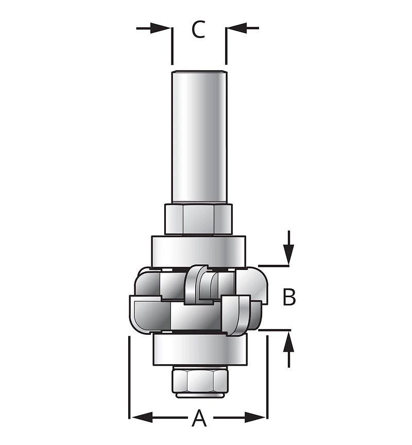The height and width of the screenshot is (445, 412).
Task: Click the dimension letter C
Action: click(x=198, y=29)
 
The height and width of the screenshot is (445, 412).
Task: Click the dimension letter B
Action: click(x=289, y=297)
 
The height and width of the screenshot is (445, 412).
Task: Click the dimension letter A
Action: click(x=199, y=418)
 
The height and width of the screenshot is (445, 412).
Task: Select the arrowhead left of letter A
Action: click(x=139, y=416)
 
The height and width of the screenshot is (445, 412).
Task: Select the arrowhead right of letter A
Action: click(x=256, y=416)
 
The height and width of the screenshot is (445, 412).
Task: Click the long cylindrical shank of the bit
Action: click(x=199, y=134)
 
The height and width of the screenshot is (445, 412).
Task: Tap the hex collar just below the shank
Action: click(x=199, y=218)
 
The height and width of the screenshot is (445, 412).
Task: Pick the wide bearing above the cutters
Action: click(x=199, y=251)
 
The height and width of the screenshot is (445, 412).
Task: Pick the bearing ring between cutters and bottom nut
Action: click(x=199, y=349)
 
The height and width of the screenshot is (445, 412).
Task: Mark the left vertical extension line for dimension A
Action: click(x=128, y=376)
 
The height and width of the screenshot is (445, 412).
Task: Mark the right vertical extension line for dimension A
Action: click(x=267, y=376)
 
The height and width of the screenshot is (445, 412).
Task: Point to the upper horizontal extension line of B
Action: click(x=276, y=266)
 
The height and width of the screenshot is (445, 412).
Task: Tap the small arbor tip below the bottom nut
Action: click(x=199, y=396)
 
